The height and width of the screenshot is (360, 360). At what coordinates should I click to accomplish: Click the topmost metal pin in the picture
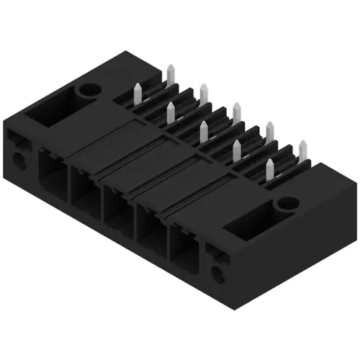[x=171, y=73]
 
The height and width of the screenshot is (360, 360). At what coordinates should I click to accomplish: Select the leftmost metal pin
[x=137, y=91]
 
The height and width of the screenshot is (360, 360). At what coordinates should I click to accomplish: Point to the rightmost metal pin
[x=301, y=148]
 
